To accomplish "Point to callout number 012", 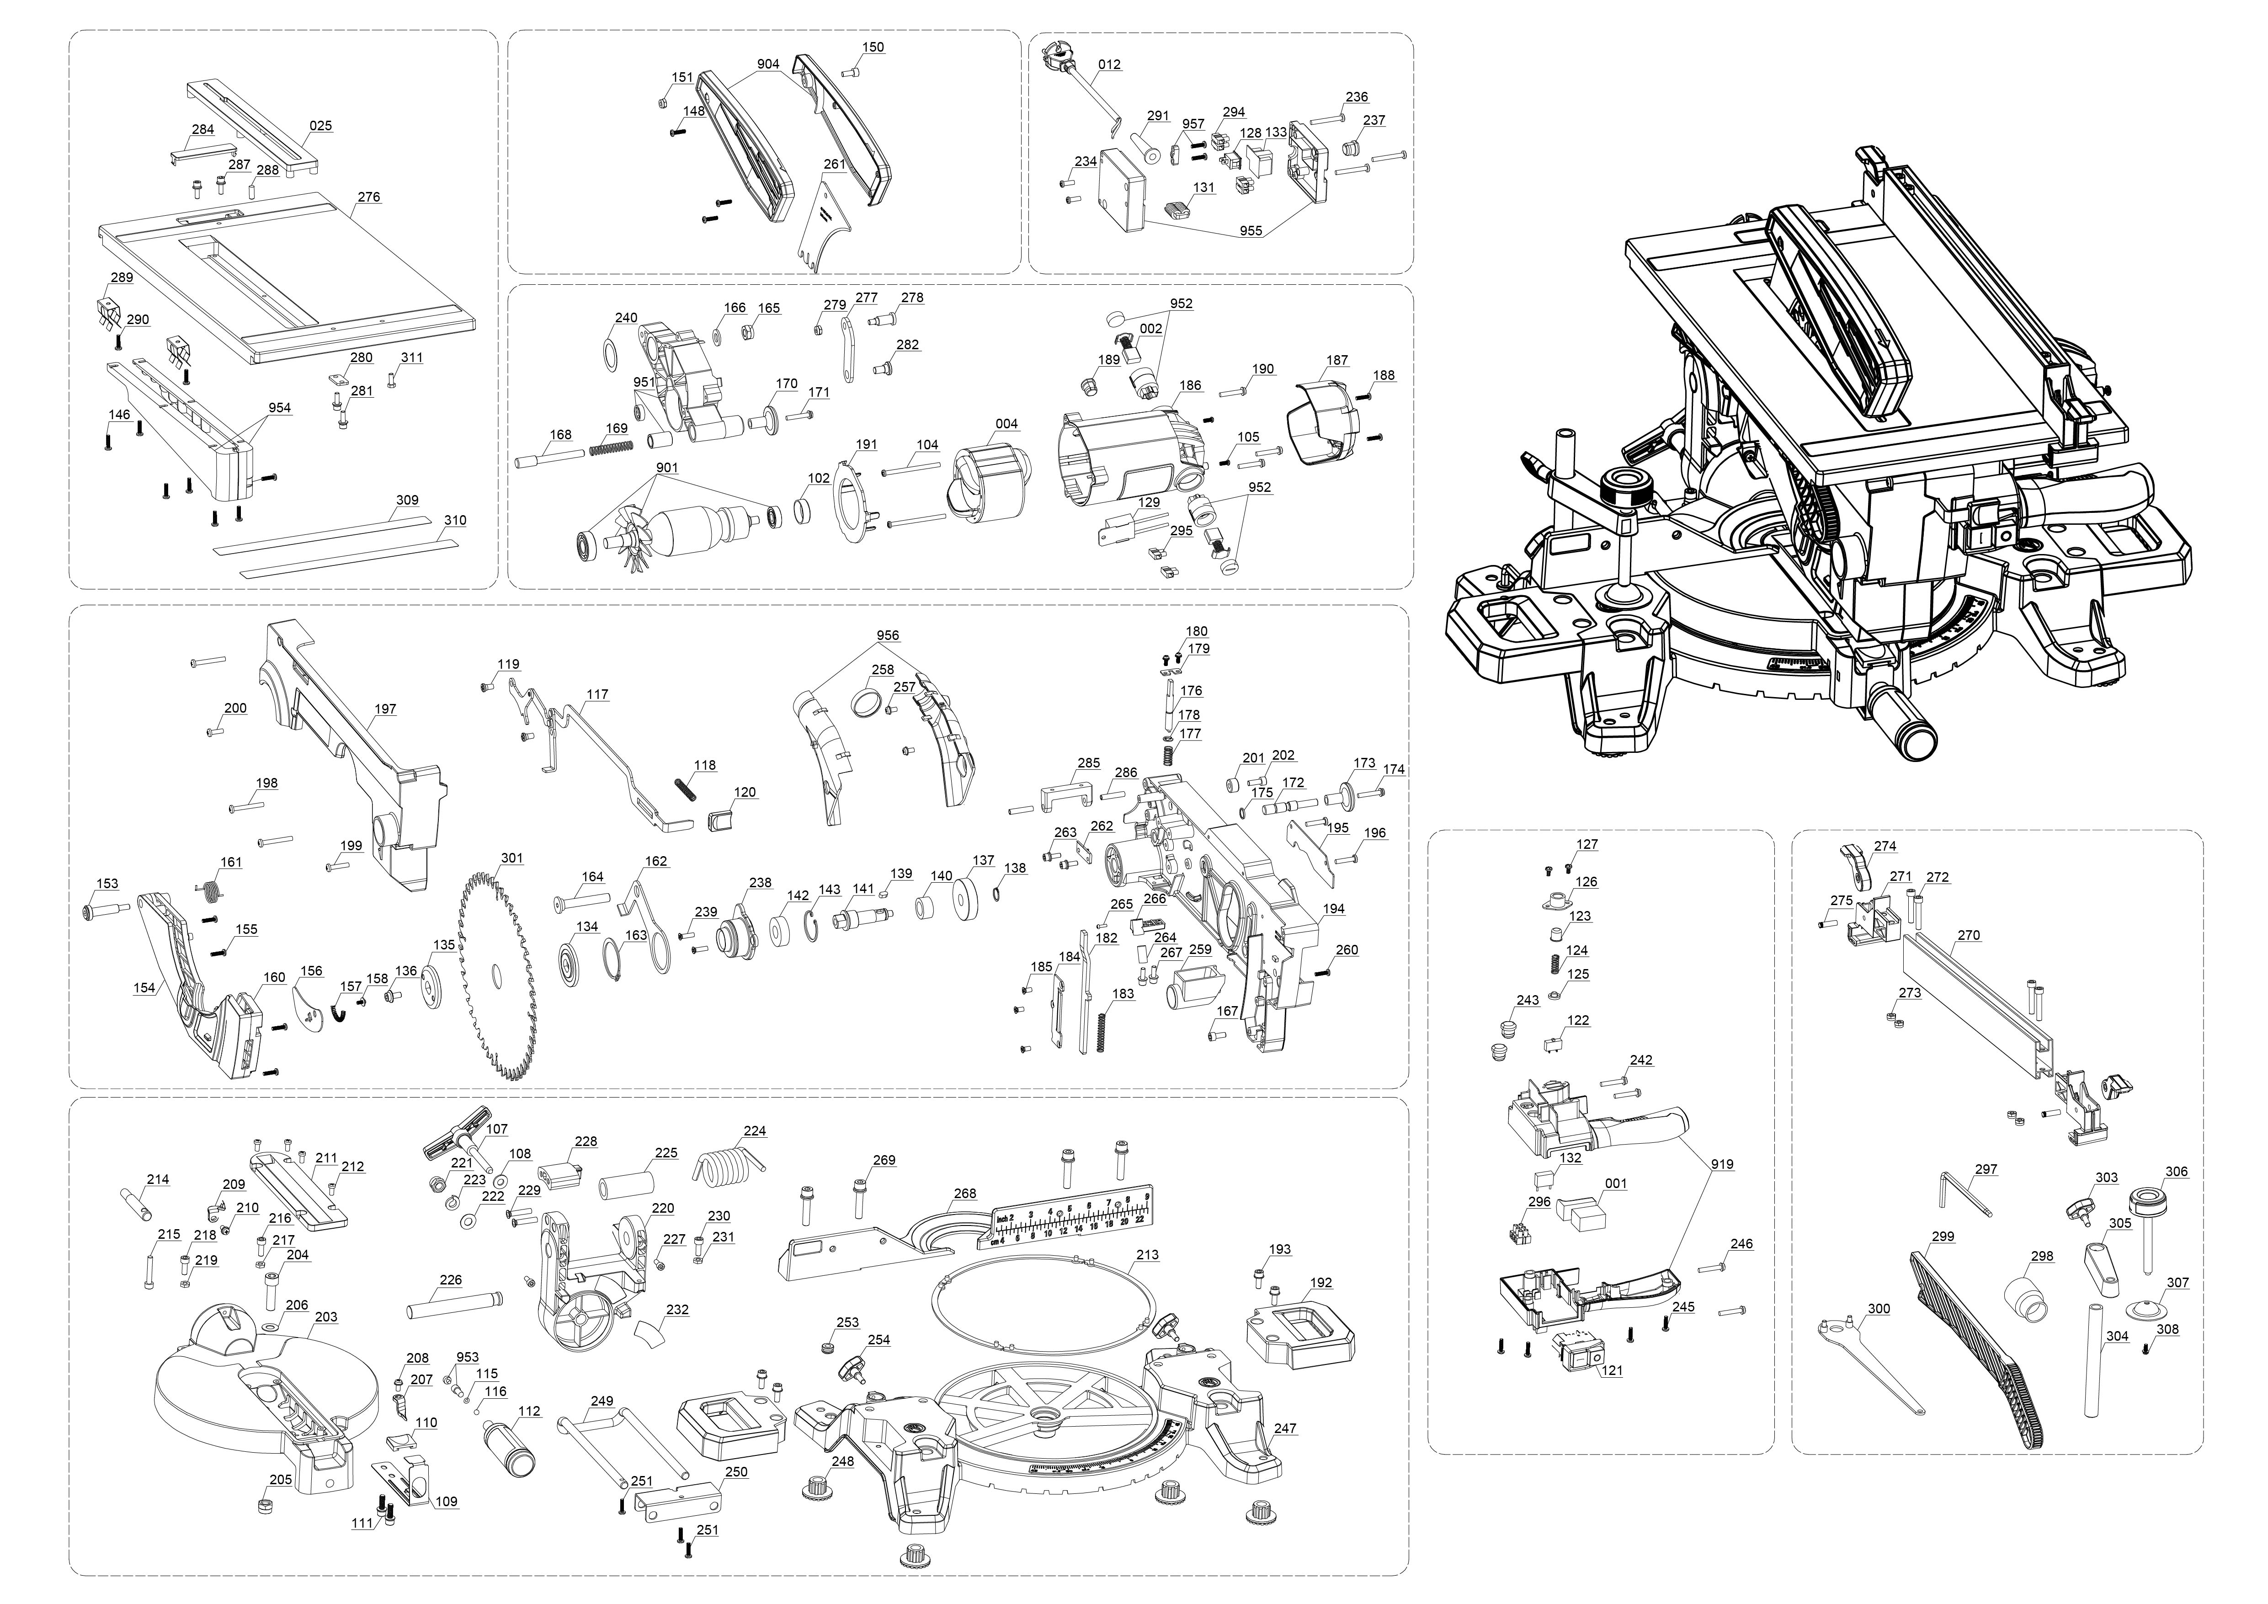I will coord(1109,65).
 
